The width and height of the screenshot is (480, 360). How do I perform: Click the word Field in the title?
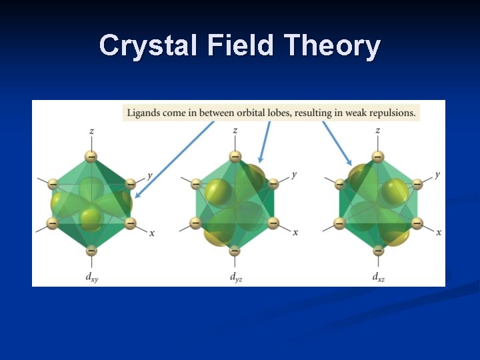(x=241, y=46)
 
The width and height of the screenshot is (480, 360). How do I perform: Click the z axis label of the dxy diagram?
(x=91, y=130)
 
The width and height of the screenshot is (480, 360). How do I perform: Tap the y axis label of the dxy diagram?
(x=150, y=175)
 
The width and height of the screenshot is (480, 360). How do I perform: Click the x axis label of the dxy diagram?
(x=152, y=233)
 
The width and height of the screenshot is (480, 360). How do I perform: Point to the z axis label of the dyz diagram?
(x=235, y=130)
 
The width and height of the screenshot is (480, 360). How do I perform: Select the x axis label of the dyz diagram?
(x=295, y=232)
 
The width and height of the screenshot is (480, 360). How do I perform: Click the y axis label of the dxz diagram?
(x=437, y=175)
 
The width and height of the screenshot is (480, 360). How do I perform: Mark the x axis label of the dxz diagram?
(x=438, y=232)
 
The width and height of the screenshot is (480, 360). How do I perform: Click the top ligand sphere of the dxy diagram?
(x=91, y=157)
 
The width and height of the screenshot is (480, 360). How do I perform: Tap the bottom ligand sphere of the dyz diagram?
(x=235, y=251)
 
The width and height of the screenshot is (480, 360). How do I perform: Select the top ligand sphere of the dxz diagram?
(x=378, y=157)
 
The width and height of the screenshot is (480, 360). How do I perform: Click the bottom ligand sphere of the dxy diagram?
(x=91, y=251)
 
